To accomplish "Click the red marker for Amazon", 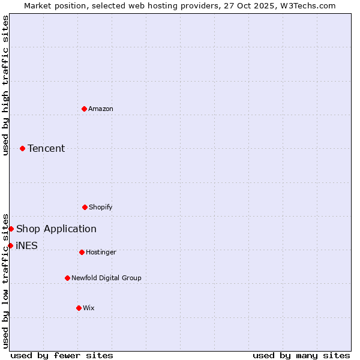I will (85, 109).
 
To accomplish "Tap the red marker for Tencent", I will (23, 148).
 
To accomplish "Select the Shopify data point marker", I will (85, 207).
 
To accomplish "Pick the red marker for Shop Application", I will (11, 229).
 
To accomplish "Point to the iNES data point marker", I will (10, 245).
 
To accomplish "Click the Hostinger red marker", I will (82, 252).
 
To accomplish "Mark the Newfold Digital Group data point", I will (67, 278).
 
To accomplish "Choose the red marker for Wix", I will (79, 308).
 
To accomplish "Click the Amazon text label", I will (101, 109).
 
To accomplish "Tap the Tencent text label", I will (46, 148).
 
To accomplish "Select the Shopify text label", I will (101, 207).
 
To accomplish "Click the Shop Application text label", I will (56, 229).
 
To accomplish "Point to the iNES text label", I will (26, 245).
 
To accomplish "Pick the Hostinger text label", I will (101, 252).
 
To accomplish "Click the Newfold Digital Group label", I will (106, 278).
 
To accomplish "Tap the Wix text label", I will (89, 308).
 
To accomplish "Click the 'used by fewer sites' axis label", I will (62, 355).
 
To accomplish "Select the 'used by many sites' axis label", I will (301, 355).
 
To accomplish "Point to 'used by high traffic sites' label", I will (5, 85).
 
